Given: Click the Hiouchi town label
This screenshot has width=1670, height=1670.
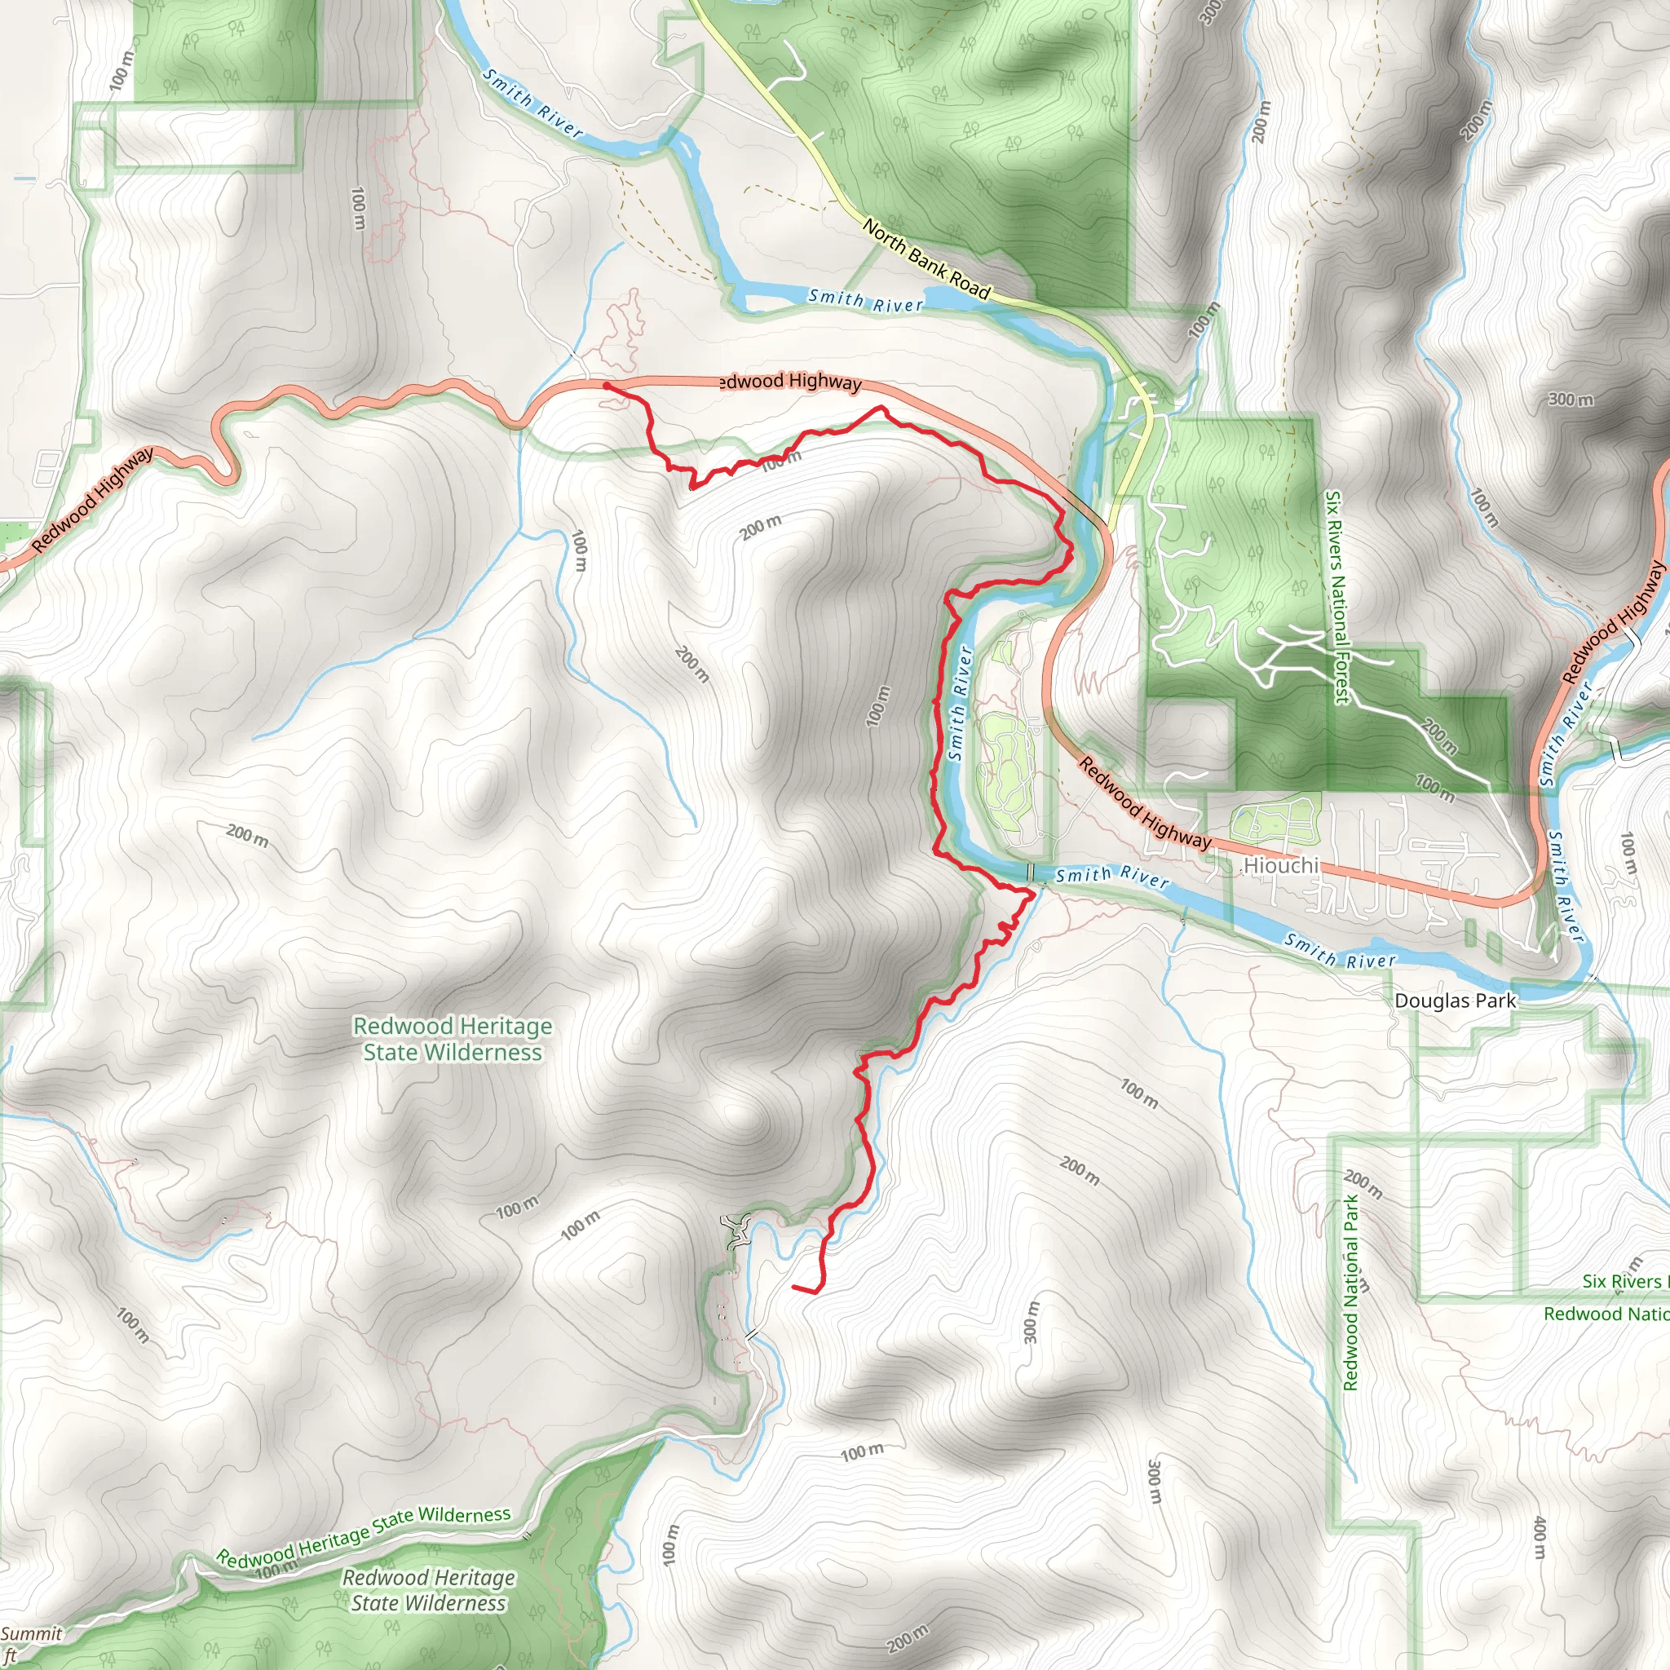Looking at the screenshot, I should point(1281,865).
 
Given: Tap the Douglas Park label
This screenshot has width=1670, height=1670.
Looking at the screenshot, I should point(1455,1001).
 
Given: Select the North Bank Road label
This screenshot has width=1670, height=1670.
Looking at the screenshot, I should point(926,259).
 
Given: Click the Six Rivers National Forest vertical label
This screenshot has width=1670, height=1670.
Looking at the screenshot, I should point(1336,597).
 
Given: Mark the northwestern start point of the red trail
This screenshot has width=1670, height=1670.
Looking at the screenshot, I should point(607,386).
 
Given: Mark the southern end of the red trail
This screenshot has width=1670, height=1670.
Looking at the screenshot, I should point(794,1287).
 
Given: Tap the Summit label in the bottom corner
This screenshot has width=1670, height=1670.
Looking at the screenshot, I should point(31,1633).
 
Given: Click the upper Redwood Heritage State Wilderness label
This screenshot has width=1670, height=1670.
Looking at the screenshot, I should point(452,1039).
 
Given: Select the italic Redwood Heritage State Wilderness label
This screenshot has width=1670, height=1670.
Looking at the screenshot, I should point(429,1590).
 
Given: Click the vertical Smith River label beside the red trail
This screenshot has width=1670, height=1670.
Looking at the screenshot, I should point(960,704).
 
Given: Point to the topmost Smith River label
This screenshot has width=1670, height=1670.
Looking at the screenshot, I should point(532,104).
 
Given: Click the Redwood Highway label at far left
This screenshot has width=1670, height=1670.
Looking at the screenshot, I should point(92,499).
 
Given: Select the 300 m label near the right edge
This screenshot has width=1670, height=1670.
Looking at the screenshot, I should point(1571,400).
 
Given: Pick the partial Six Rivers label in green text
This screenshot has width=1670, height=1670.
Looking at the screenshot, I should point(1622,1282).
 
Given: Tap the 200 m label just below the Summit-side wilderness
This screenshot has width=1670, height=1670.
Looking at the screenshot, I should point(908,1637).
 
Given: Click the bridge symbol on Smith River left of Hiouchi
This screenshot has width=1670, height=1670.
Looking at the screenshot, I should point(1031,873).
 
